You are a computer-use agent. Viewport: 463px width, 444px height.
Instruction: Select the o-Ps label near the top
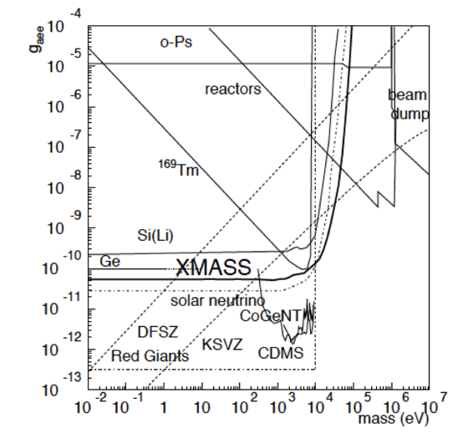click(x=176, y=41)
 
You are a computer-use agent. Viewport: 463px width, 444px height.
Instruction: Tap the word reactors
click(x=233, y=88)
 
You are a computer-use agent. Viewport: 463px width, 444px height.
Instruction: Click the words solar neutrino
click(x=218, y=300)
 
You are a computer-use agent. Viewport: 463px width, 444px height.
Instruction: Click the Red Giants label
click(x=150, y=356)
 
